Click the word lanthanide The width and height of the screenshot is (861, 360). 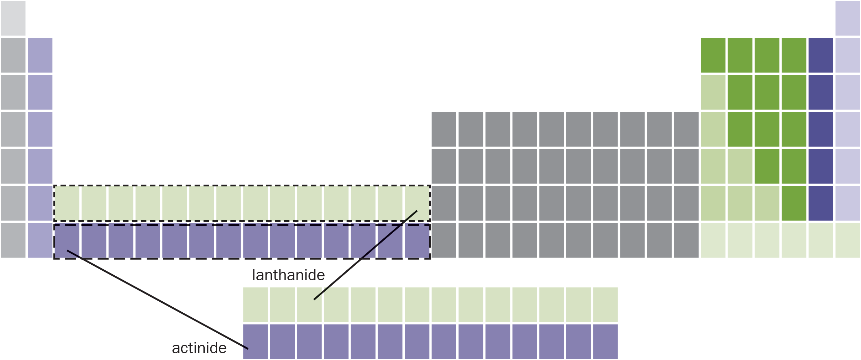[x=288, y=275]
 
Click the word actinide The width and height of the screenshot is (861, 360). [x=199, y=348]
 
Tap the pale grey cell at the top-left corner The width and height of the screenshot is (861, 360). [x=13, y=18]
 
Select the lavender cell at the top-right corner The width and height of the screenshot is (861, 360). [x=848, y=18]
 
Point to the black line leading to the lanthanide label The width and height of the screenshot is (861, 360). [x=365, y=255]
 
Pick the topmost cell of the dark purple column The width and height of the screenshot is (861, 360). [x=821, y=55]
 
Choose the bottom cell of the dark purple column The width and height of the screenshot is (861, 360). [x=821, y=203]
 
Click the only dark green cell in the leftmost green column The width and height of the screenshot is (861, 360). [x=713, y=55]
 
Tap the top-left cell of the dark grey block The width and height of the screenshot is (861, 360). [x=444, y=129]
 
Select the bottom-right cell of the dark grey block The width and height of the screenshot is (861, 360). [x=686, y=240]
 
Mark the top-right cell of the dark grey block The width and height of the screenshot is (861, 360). [x=686, y=129]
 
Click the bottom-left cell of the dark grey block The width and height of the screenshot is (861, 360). [x=444, y=240]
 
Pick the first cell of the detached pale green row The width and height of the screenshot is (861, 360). [x=256, y=305]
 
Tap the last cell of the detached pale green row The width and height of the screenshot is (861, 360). [x=605, y=305]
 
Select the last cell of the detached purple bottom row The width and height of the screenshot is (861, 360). [x=605, y=342]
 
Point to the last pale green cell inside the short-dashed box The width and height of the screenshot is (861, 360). [x=417, y=203]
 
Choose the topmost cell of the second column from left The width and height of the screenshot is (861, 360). [x=40, y=55]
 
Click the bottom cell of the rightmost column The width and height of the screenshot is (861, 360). [x=848, y=240]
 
